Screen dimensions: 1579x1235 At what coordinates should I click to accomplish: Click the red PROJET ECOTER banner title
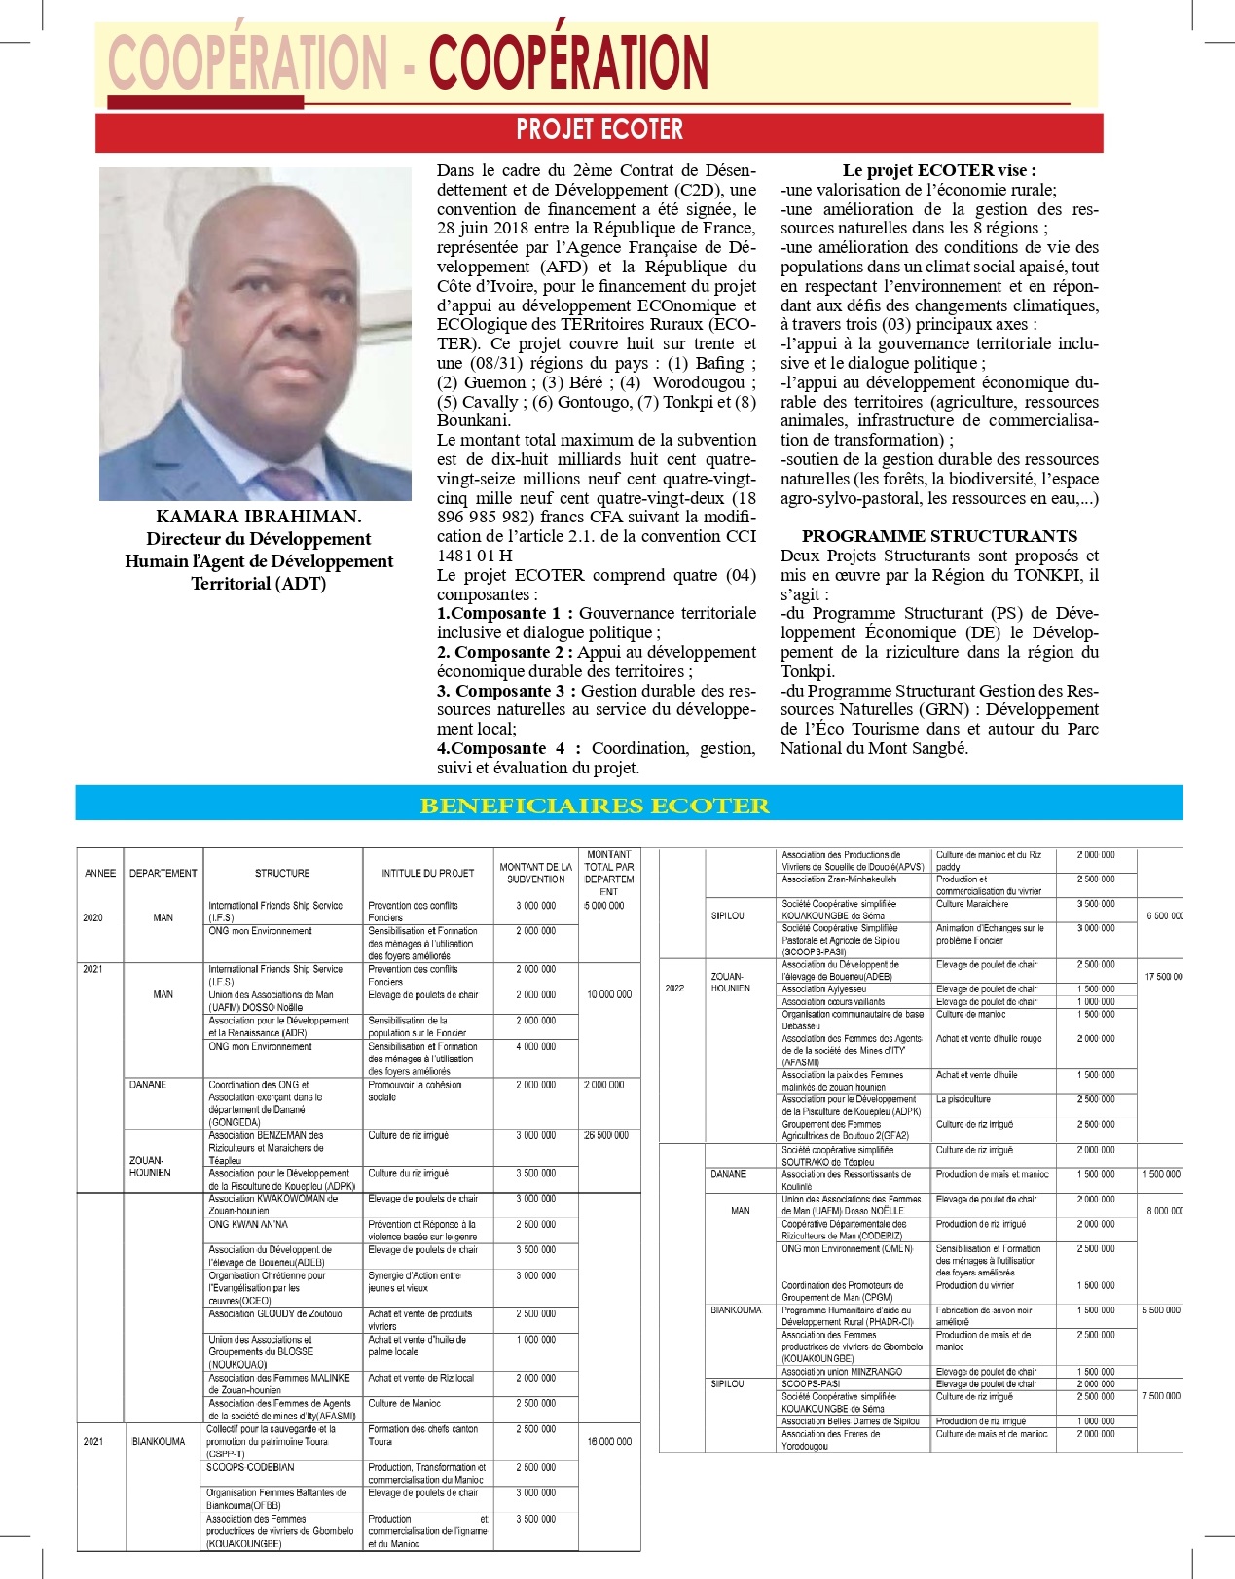tap(599, 129)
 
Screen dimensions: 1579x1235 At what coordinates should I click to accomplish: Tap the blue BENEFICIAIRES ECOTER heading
tap(595, 806)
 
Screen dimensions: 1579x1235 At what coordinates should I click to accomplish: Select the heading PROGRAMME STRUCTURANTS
tap(939, 536)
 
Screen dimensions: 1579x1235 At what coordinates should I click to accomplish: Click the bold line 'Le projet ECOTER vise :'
tap(939, 170)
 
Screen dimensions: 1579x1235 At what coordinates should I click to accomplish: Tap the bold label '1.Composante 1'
tap(505, 613)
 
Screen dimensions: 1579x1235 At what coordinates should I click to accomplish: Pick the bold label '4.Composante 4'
tap(507, 748)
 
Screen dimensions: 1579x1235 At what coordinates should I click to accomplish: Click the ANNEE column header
tap(100, 873)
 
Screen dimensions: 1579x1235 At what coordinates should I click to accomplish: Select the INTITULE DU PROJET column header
tap(428, 873)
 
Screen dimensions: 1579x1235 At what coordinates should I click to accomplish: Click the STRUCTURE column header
tap(282, 873)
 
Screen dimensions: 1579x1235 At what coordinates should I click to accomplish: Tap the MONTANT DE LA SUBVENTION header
tap(535, 873)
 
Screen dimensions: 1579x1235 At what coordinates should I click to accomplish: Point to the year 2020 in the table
tap(92, 917)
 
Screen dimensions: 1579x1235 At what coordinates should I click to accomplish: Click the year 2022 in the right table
tap(674, 988)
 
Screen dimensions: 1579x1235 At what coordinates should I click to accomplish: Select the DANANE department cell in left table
tap(147, 1084)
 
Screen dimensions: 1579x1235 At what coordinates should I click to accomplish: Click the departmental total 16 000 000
tap(609, 1441)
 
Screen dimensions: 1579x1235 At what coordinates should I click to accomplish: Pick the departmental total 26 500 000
tap(606, 1135)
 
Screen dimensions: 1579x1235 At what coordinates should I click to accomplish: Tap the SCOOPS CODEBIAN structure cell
tap(250, 1467)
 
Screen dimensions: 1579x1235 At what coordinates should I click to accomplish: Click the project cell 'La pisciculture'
tap(963, 1099)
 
